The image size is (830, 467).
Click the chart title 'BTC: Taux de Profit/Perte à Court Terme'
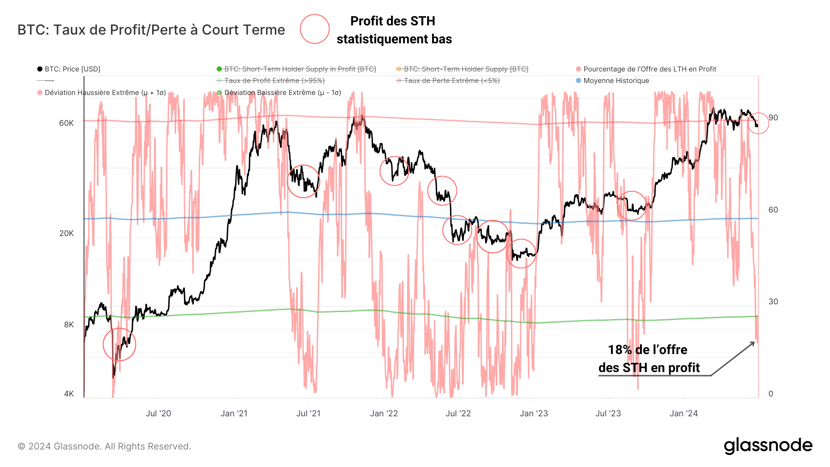(151, 30)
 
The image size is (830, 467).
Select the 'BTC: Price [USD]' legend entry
(72, 69)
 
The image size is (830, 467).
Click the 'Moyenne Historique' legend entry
(616, 81)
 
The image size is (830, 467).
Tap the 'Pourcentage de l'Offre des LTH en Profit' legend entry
(649, 69)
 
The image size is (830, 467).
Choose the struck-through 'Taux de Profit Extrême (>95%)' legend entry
(274, 81)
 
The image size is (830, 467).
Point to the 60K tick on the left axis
(66, 123)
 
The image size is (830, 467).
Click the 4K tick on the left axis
(69, 394)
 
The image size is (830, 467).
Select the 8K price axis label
(69, 325)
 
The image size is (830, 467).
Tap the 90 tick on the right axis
(773, 118)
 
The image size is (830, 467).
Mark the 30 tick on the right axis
(773, 301)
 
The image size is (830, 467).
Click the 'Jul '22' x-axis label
(458, 414)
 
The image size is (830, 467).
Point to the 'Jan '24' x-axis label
(683, 414)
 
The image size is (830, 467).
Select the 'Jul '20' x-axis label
(158, 414)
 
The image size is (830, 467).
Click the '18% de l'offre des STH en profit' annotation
(648, 359)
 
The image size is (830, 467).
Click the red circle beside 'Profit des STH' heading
(314, 29)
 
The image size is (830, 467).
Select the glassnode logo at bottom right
(768, 446)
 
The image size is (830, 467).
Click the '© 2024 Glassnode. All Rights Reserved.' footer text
(104, 446)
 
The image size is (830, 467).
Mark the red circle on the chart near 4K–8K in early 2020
(119, 344)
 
